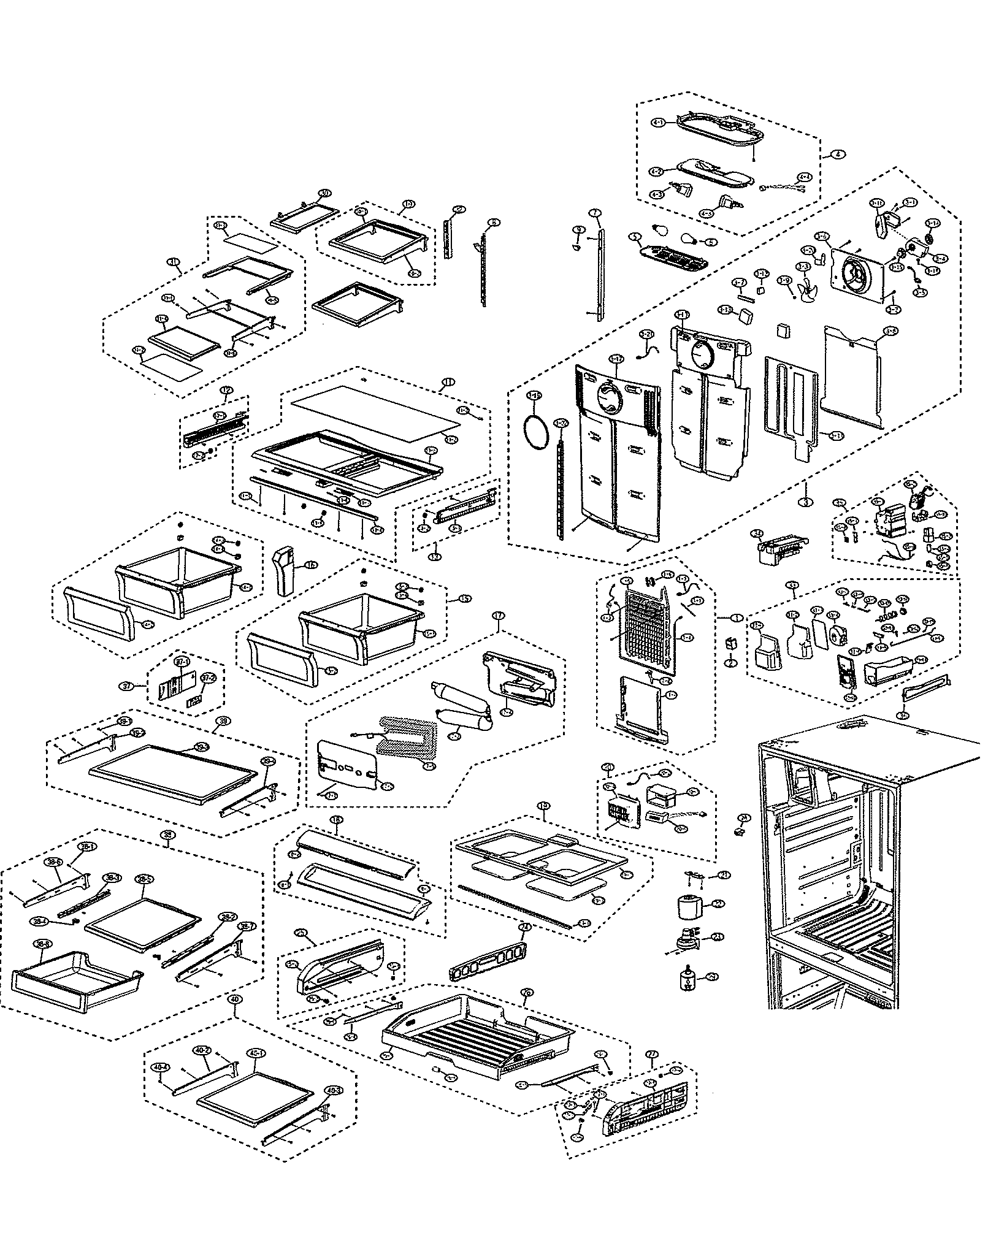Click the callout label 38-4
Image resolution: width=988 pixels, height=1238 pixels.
[x=39, y=939]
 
